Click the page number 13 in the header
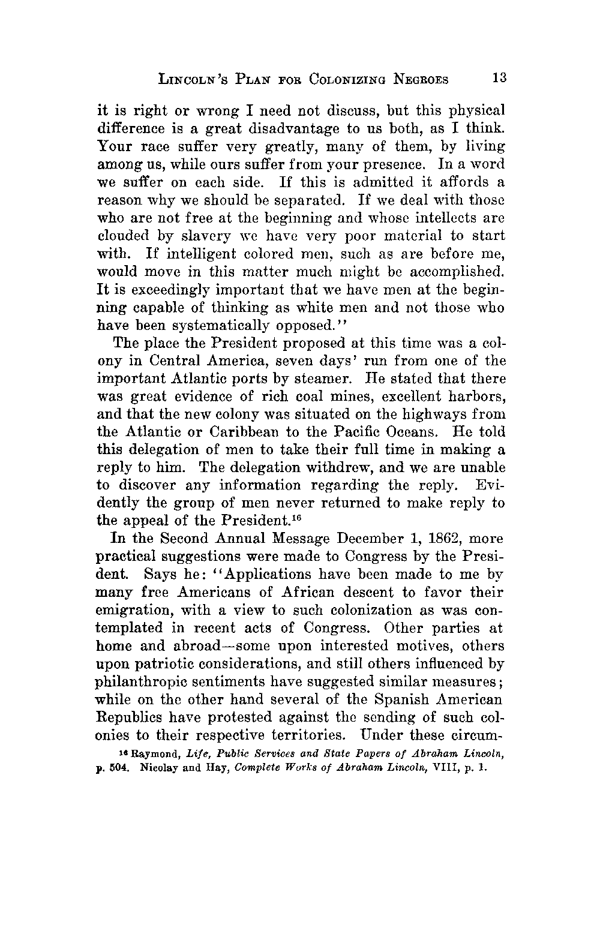[499, 78]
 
